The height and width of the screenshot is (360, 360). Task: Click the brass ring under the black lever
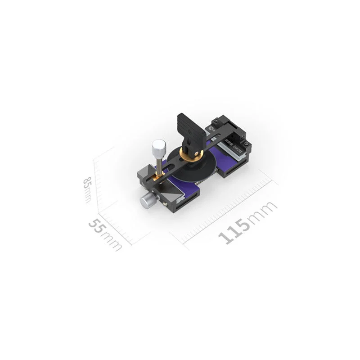point(191,153)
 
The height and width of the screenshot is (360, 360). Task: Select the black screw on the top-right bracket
point(216,120)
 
